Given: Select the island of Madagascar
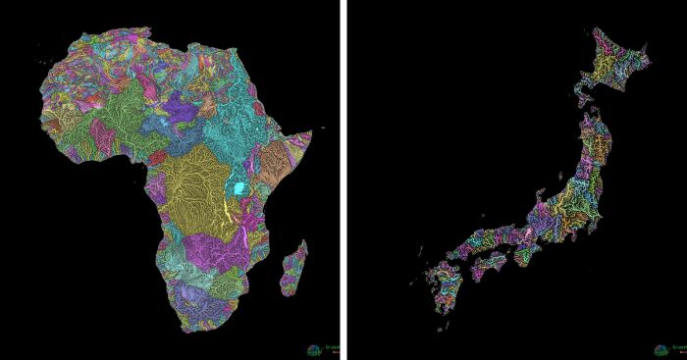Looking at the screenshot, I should pos(292,272).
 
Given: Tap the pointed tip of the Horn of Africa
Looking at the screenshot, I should pos(311,131).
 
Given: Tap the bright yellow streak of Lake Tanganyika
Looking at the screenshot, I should pos(232,208).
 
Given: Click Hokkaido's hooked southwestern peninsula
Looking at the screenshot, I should pos(582,93).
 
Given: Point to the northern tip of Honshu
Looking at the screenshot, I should pos(592,117).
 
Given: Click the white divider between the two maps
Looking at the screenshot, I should pos(344,180).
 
